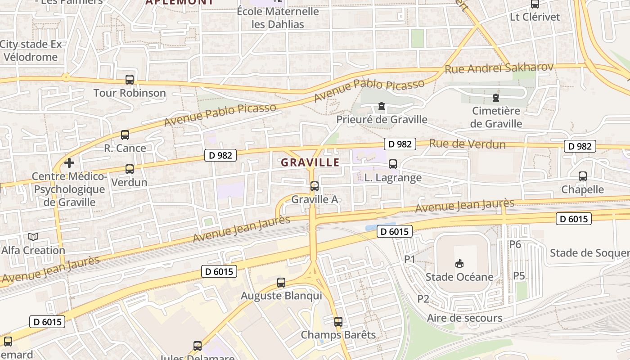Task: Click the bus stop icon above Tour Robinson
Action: (130, 80)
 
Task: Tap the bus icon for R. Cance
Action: (125, 135)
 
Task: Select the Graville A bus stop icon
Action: (315, 186)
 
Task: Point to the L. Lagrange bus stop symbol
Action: (393, 164)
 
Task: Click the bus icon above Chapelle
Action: (583, 176)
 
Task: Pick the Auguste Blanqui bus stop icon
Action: (281, 283)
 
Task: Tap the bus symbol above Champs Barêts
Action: (338, 322)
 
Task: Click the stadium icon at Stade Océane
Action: (459, 263)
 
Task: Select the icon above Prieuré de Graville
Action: (382, 107)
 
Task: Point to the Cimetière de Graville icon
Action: (496, 97)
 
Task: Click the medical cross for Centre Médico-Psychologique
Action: (69, 162)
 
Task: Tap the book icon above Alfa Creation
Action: (33, 237)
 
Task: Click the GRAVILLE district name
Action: (310, 162)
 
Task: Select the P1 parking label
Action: (409, 259)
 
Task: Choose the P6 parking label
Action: (515, 244)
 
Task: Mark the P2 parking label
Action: (423, 299)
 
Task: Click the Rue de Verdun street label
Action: (467, 144)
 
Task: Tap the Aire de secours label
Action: (464, 318)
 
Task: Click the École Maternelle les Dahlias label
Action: (278, 18)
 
